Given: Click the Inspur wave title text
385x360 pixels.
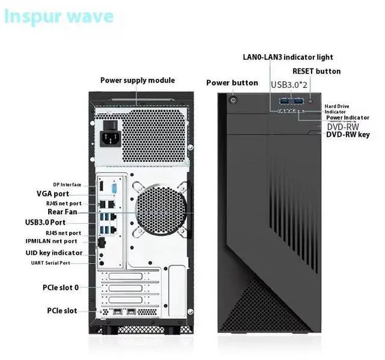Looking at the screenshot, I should point(58,16).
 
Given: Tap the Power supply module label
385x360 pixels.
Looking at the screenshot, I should point(137,80).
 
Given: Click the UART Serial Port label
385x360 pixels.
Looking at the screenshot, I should point(59,263).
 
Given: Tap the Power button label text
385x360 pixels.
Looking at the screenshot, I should point(232,82).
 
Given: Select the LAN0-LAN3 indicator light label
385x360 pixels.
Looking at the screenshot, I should point(288,57).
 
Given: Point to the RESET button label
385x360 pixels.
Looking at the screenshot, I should point(316,71).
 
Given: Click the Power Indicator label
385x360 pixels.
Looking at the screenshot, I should point(348,117).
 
